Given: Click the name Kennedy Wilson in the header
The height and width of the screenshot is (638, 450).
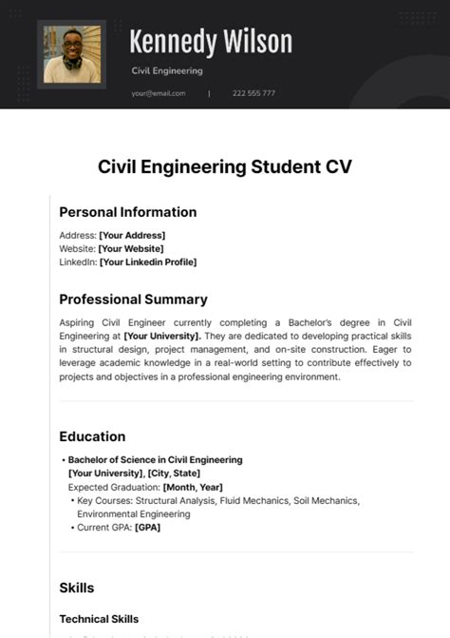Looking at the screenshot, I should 210,42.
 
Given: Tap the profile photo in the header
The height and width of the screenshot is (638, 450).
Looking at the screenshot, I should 71,54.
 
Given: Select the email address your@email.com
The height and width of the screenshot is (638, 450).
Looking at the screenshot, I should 159,93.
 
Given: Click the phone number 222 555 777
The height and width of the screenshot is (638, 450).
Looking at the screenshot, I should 254,93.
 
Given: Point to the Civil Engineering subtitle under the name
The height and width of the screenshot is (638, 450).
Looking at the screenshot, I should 166,70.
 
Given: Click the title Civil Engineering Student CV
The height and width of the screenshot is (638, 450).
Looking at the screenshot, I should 225,166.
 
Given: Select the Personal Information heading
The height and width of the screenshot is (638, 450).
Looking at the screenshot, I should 127,212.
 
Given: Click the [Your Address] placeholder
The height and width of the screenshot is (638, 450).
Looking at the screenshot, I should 132,235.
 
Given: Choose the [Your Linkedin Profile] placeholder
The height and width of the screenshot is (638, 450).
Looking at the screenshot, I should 147,261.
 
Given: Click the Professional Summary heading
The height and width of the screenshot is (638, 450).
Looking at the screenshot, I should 133,300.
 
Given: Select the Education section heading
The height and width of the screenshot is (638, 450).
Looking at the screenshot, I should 92,436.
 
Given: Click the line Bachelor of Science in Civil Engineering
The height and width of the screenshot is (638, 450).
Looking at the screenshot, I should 155,459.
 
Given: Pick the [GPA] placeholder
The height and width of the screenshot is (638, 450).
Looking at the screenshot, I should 147,527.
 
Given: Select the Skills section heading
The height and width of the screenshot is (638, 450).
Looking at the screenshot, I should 76,588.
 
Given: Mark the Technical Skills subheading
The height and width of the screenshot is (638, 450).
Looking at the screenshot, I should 99,619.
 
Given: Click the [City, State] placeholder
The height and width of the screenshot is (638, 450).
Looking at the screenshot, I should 173,473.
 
